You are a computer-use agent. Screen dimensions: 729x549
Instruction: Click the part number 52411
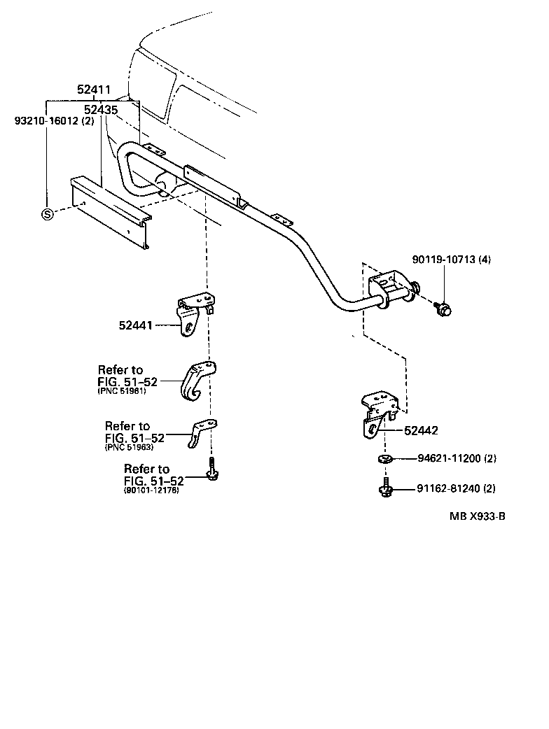click(x=94, y=90)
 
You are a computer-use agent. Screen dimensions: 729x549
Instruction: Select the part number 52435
click(x=100, y=110)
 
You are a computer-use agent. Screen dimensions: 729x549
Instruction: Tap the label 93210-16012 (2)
click(x=54, y=120)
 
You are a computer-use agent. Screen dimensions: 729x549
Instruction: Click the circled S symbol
click(x=47, y=214)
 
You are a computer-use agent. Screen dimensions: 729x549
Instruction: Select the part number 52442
click(x=421, y=431)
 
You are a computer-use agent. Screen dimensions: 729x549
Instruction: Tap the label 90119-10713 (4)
click(x=452, y=260)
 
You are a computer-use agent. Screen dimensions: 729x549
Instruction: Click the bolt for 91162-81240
click(x=384, y=488)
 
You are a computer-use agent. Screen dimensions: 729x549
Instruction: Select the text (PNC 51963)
click(x=129, y=447)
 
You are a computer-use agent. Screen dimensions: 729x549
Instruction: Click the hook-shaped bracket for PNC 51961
click(x=198, y=383)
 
